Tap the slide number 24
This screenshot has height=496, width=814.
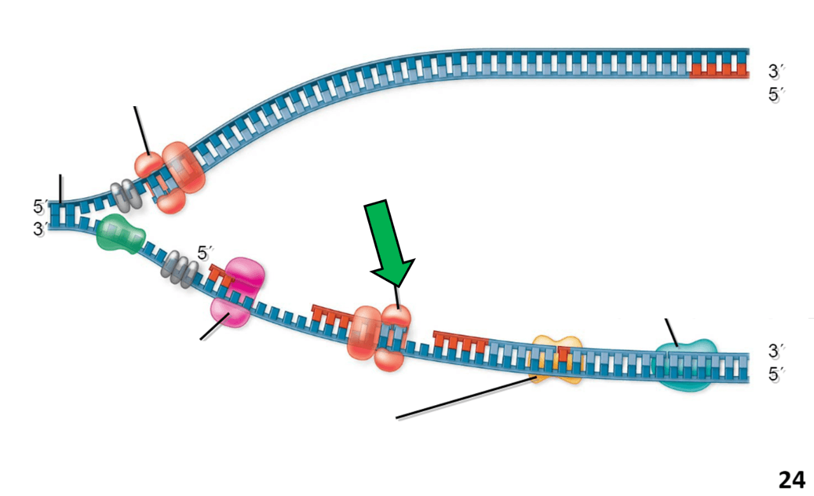pos(792,480)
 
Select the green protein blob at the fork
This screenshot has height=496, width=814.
pos(121,234)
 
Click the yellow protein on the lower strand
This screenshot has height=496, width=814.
pos(556,360)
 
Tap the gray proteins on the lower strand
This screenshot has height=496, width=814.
pos(179,269)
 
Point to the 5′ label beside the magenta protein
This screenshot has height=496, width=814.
pos(205,252)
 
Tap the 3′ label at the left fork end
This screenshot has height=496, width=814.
pos(40,229)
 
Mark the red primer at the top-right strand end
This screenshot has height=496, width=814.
pos(719,71)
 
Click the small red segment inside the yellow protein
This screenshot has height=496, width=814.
pos(563,354)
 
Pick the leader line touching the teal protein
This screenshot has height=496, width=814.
pos(672,333)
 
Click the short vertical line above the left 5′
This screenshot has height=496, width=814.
pos(60,189)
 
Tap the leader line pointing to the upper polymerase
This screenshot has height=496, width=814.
pos(142,130)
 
